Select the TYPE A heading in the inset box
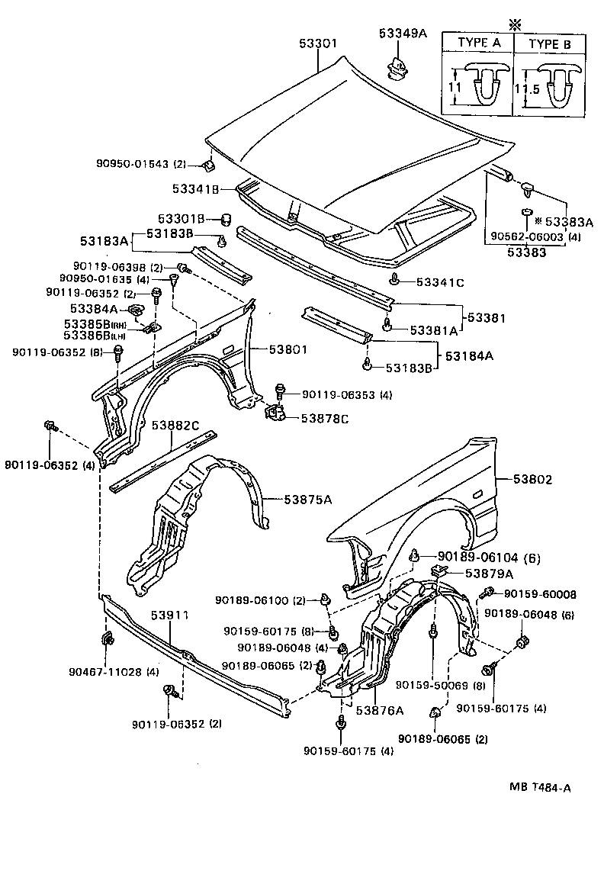pos(478,43)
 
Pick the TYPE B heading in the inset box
pos(550,43)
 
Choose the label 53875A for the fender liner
pos(308,499)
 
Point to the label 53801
pos(288,351)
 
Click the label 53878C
pos(324,418)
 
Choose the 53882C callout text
pos(175,425)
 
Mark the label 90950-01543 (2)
pos(140,163)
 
